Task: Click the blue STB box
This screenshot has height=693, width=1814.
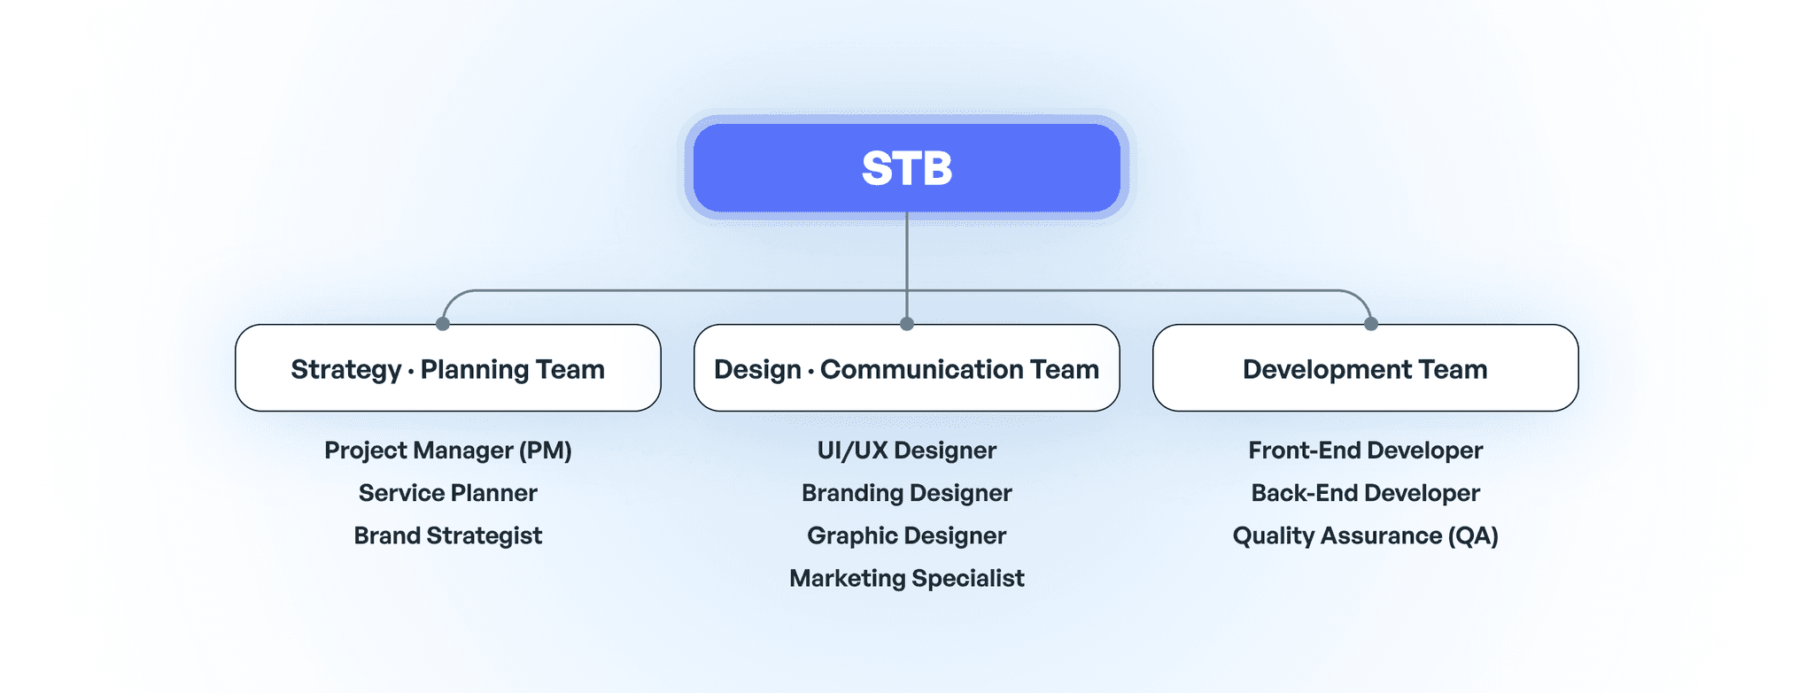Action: click(906, 168)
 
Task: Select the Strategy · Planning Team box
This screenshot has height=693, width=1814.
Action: click(447, 368)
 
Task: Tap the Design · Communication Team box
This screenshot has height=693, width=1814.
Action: click(906, 368)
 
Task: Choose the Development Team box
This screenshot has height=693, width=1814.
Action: click(1365, 368)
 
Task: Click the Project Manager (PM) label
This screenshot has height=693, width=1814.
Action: click(447, 450)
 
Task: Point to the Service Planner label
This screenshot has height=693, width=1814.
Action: click(447, 493)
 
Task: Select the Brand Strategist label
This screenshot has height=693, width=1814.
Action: click(447, 535)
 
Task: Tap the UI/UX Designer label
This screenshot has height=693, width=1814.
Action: click(906, 450)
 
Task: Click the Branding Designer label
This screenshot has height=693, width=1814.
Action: click(906, 493)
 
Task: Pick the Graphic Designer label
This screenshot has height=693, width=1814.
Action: click(906, 535)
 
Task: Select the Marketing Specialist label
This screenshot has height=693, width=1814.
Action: click(906, 578)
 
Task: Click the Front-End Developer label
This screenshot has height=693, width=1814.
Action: click(1365, 450)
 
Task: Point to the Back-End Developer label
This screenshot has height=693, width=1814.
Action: click(1365, 493)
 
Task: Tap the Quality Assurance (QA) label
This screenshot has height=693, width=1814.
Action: click(1365, 535)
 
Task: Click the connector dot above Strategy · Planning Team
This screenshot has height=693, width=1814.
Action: click(443, 324)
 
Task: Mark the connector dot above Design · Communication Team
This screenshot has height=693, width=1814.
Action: click(906, 324)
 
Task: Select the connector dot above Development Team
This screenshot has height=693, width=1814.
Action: click(1371, 324)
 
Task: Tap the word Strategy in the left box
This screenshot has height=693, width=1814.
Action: click(345, 370)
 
